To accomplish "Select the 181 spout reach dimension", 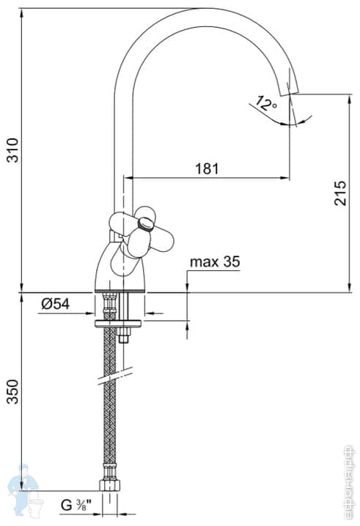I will [x=207, y=168].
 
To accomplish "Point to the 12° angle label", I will [x=265, y=103].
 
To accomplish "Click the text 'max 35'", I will [x=215, y=262].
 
